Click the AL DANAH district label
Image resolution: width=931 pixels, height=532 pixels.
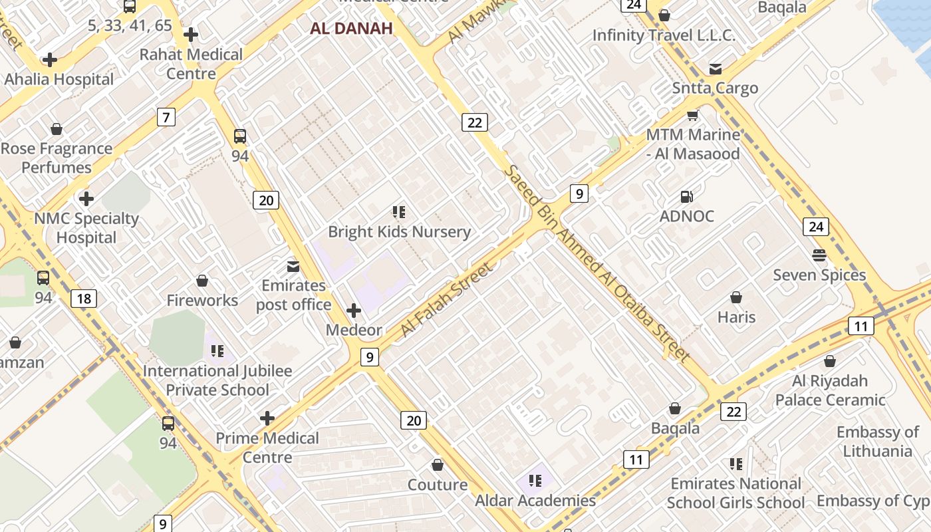(x=351, y=28)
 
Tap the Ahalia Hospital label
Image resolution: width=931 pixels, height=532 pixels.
(x=59, y=79)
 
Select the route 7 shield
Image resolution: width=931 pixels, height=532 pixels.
(x=166, y=118)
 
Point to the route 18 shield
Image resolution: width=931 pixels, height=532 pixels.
(x=84, y=299)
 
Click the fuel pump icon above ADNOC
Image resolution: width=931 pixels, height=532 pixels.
(x=687, y=197)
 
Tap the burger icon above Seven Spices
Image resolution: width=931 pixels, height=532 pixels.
(x=819, y=255)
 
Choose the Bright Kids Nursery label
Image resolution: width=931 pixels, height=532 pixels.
(x=399, y=232)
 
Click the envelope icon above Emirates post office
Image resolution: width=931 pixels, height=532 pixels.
(x=293, y=267)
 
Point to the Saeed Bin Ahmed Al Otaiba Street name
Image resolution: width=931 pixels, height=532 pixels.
(x=596, y=263)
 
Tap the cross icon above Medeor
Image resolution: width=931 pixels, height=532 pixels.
(x=354, y=311)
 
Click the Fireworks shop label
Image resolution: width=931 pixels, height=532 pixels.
(x=202, y=301)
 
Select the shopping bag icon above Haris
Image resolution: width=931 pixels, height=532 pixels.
(x=736, y=297)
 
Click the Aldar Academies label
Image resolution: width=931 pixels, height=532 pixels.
(x=535, y=500)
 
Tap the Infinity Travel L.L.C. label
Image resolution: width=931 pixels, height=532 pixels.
(x=664, y=35)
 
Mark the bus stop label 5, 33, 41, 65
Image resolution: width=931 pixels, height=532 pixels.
(x=130, y=26)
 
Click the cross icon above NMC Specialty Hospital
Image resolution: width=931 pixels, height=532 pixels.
(x=86, y=199)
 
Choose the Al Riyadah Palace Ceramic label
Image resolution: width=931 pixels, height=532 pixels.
(x=830, y=390)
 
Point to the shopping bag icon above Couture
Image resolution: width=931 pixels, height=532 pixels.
(x=438, y=465)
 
